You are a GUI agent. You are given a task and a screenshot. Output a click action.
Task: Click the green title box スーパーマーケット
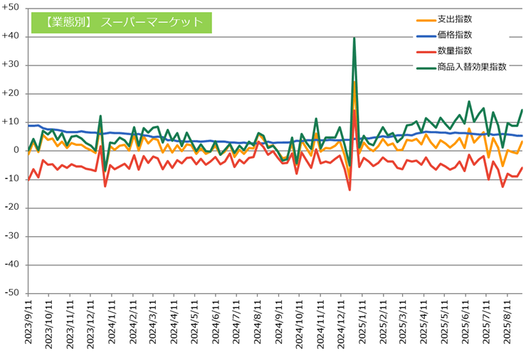122,23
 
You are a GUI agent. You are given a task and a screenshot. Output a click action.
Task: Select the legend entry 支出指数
456,20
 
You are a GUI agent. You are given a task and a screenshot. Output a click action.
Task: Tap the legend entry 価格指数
456,35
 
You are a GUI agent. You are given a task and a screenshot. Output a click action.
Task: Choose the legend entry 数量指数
456,51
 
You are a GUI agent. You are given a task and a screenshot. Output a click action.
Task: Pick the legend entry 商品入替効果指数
473,66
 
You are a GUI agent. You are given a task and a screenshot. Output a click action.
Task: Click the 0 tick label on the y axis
17,150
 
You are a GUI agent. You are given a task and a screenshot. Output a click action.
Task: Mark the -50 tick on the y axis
13,292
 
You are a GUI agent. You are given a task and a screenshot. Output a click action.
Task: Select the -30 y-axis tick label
13,235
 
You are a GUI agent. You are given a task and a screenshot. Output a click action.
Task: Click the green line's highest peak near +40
354,38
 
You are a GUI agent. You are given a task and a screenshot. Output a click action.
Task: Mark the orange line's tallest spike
354,82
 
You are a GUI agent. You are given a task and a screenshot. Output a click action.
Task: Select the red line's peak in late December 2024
354,110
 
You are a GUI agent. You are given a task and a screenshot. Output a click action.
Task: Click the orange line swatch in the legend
426,20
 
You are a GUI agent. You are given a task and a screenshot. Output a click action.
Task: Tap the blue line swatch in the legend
426,35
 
